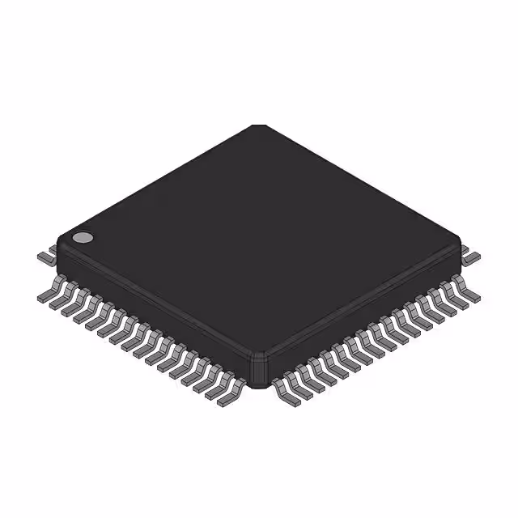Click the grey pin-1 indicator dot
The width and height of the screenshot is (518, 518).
(83, 238)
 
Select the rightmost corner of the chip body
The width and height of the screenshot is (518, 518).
(460, 247)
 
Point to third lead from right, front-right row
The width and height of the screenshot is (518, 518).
(447, 301)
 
